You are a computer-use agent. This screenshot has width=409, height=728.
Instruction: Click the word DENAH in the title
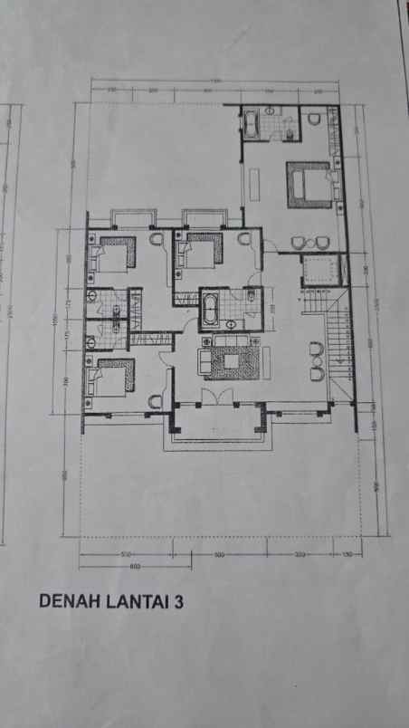pos(65,599)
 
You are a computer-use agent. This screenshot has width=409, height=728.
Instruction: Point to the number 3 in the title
pos(177,599)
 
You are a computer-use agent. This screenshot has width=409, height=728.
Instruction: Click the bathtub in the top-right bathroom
pos(252,121)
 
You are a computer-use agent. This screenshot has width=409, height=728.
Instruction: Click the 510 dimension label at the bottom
pos(127,553)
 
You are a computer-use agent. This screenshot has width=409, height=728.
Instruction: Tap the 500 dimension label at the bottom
pos(217,553)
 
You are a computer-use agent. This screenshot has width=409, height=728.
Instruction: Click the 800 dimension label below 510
pos(137,567)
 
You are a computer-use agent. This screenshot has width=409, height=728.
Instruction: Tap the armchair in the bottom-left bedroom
pos(154,399)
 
